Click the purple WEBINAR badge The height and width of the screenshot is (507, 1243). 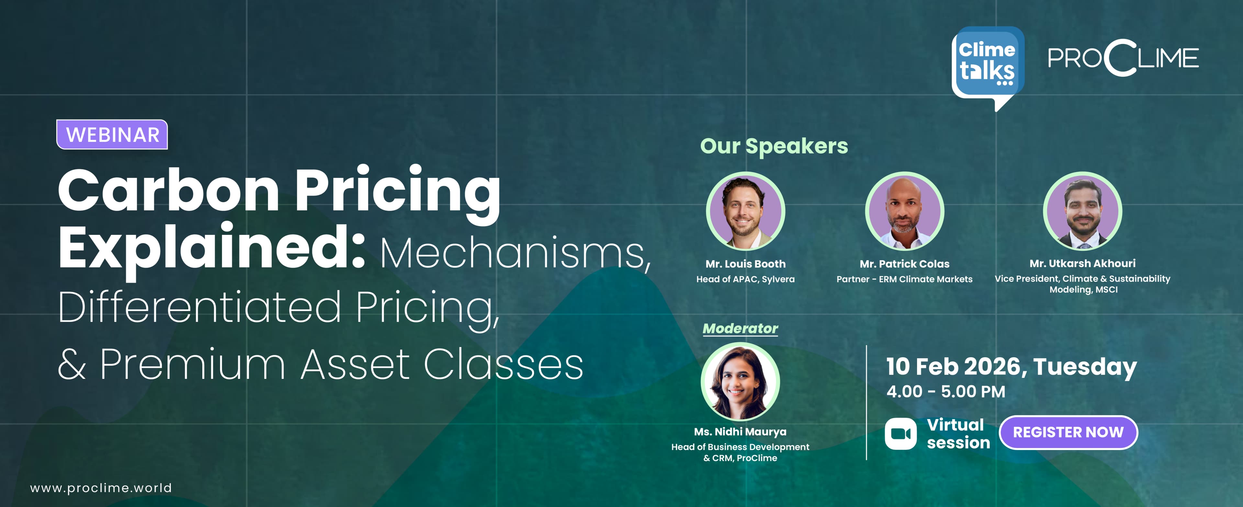pos(112,135)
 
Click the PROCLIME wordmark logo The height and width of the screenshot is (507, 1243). pos(1123,58)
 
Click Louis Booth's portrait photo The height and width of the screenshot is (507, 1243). pos(745,211)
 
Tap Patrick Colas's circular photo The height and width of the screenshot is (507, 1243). pos(904,211)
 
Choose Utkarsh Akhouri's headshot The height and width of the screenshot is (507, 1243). pos(1082,211)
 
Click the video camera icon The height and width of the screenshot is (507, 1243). pos(901,434)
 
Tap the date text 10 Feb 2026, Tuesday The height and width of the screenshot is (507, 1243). pos(1011,367)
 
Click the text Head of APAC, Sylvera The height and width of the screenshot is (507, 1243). pos(745,279)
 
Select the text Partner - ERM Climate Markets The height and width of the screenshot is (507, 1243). pos(904,279)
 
